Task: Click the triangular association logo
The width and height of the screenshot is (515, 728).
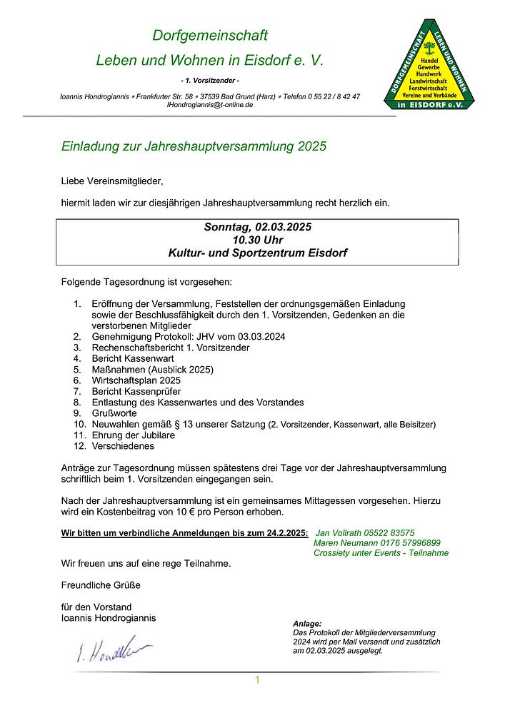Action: coord(434,69)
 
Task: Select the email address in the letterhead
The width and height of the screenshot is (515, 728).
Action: coord(209,104)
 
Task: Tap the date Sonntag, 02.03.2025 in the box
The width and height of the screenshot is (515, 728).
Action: coord(257,228)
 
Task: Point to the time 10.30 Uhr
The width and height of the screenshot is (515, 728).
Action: coord(257,241)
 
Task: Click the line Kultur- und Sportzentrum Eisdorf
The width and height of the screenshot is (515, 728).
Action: coord(257,253)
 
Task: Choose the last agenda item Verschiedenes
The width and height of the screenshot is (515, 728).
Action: coord(123,446)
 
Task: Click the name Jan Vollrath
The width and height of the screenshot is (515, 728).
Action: coord(339,532)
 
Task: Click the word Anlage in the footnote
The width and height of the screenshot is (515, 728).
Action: coord(307,624)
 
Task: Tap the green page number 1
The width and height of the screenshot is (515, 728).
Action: coord(257,680)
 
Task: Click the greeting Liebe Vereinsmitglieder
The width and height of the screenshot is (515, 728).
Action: coord(112,181)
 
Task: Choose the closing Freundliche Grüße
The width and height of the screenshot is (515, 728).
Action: coord(101,585)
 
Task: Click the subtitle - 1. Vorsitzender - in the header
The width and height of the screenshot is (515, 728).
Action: coord(209,79)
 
